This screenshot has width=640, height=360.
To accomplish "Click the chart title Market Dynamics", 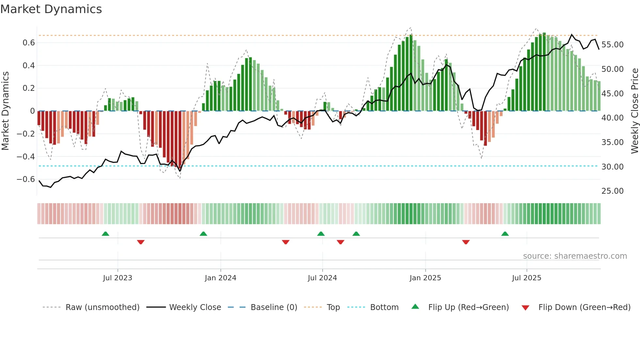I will [51, 9].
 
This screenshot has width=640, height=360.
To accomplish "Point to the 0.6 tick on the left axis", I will [29, 43].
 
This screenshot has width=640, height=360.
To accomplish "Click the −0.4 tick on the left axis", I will [26, 157].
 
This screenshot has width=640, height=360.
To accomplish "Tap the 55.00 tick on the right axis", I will [612, 45].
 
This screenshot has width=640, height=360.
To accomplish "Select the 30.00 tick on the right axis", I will [612, 167].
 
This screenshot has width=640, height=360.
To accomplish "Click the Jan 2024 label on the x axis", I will [220, 278].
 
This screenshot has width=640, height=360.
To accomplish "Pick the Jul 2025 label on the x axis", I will [526, 278].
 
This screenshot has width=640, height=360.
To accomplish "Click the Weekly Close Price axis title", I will [634, 111].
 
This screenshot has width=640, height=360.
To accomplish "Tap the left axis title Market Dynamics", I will [5, 111].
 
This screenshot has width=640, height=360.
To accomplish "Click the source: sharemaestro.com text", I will [575, 256].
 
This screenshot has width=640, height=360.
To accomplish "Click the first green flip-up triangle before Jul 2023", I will [105, 234].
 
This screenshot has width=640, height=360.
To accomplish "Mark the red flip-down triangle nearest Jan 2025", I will [466, 242].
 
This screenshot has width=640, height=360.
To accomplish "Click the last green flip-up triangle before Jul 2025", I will [505, 234].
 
